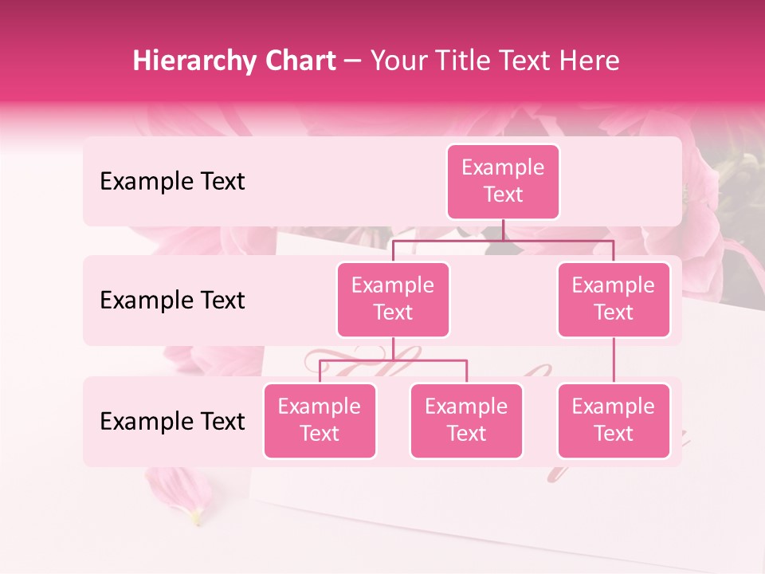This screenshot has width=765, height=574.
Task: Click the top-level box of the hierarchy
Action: (x=503, y=182)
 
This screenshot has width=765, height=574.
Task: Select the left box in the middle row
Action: (x=393, y=300)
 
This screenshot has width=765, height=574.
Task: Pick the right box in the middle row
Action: (x=614, y=300)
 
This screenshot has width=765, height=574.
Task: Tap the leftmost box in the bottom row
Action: (x=320, y=421)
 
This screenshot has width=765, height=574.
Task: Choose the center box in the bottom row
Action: (x=466, y=421)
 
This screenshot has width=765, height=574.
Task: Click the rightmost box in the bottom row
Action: (x=614, y=421)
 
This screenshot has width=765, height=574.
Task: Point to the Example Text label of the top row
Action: (x=172, y=182)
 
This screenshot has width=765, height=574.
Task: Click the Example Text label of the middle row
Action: (x=172, y=301)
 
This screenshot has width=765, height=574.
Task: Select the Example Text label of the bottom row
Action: (x=172, y=421)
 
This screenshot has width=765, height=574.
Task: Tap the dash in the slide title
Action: (x=352, y=61)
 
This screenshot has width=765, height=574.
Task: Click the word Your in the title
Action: (x=396, y=61)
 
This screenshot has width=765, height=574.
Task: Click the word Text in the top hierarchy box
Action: (x=503, y=195)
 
